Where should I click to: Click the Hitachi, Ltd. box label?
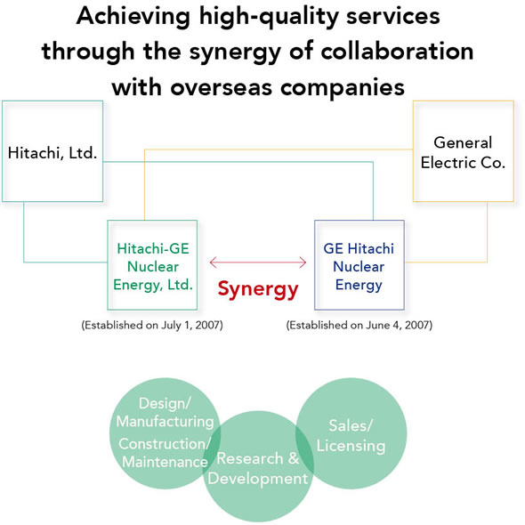click(52, 153)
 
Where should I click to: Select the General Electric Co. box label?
click(463, 153)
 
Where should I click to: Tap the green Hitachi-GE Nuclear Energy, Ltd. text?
click(153, 267)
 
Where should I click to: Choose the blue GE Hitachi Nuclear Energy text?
click(359, 267)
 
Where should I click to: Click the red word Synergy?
click(258, 289)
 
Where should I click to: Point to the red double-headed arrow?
click(258, 262)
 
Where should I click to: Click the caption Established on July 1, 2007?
click(152, 325)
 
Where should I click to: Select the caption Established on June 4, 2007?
click(359, 325)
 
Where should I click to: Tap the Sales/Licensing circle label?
click(351, 436)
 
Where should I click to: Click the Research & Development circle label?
click(257, 468)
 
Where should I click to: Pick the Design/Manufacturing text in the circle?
click(165, 413)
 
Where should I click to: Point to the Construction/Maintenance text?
click(164, 453)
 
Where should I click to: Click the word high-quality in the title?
click(269, 17)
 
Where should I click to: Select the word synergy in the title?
click(235, 52)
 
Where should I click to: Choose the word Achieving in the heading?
click(133, 17)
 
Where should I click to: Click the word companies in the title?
click(343, 88)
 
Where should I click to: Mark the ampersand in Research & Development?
click(294, 458)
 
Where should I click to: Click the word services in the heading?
click(393, 16)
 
